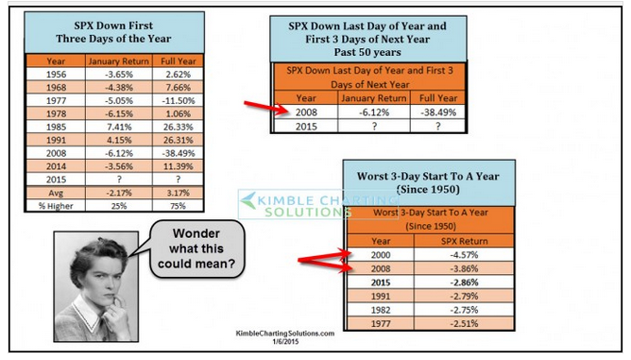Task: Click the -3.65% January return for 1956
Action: pos(119,75)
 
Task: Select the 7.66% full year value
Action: pos(179,87)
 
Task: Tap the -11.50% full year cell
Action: pos(179,101)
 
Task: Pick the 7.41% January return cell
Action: pos(119,127)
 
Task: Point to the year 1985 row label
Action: pos(56,127)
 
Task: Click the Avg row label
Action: pos(56,193)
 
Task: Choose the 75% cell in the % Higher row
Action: pos(178,206)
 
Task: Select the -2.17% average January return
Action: pos(119,193)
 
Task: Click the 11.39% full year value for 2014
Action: pos(179,166)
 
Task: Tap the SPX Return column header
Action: pos(465,241)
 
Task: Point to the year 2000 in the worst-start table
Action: pos(381,255)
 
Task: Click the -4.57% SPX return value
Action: pos(464,255)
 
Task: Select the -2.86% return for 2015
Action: pos(464,283)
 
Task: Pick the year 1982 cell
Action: pos(381,310)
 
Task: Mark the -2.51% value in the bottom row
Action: pos(464,324)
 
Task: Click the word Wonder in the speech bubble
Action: pos(196,233)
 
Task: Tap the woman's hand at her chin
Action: pos(115,309)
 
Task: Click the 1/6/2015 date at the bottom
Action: pos(285,341)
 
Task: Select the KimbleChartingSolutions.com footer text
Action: pos(285,334)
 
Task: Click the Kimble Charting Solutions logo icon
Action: pos(248,200)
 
